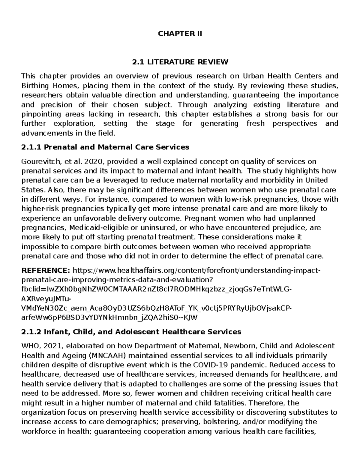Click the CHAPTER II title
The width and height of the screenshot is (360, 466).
180,34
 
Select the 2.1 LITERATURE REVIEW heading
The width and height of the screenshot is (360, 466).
180,62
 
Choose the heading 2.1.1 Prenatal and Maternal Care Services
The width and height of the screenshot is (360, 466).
105,147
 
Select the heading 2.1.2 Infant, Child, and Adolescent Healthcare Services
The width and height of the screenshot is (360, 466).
131,332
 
